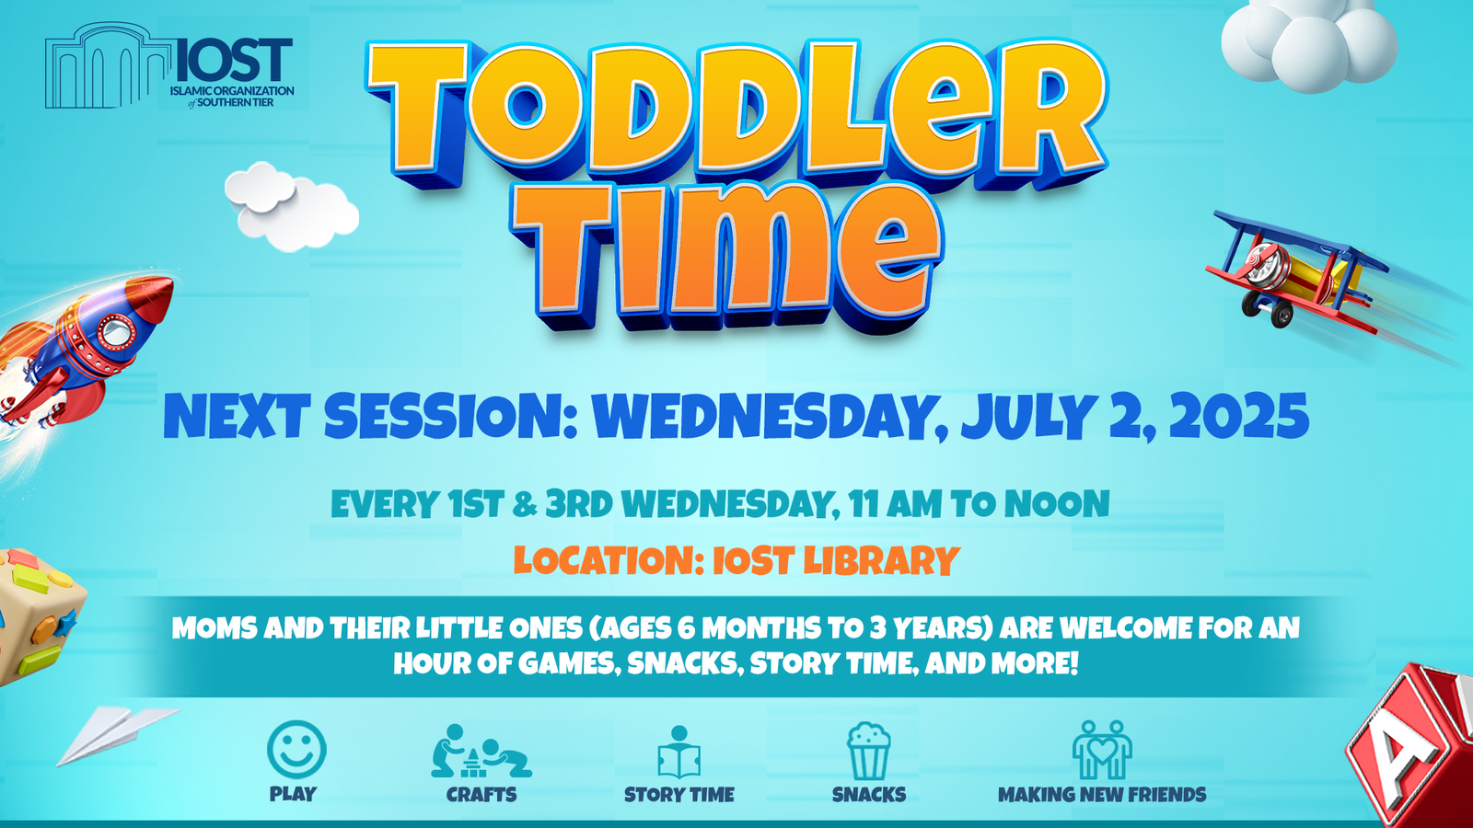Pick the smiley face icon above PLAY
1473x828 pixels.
[x=296, y=750]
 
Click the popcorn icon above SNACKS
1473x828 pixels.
[x=869, y=751]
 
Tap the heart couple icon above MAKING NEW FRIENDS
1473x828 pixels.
[x=1102, y=750]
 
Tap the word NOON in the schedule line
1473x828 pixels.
[x=1057, y=504]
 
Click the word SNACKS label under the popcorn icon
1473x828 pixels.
[x=869, y=795]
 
